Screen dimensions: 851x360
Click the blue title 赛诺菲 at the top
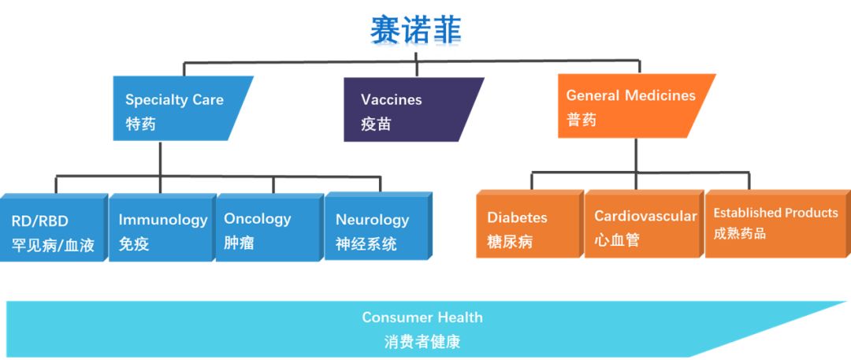point(416,29)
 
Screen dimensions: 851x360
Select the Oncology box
point(269,227)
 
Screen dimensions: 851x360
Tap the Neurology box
point(378,226)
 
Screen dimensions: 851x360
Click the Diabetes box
point(530,224)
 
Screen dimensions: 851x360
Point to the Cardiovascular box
point(645,224)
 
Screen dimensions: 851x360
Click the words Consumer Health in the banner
point(422,317)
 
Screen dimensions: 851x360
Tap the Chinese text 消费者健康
point(422,342)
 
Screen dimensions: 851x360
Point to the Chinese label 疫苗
point(376,124)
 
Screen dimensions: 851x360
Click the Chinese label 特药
point(140,124)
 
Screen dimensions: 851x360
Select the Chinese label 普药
point(582,120)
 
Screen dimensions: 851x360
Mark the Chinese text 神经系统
point(366,244)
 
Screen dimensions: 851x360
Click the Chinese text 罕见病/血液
point(54,246)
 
